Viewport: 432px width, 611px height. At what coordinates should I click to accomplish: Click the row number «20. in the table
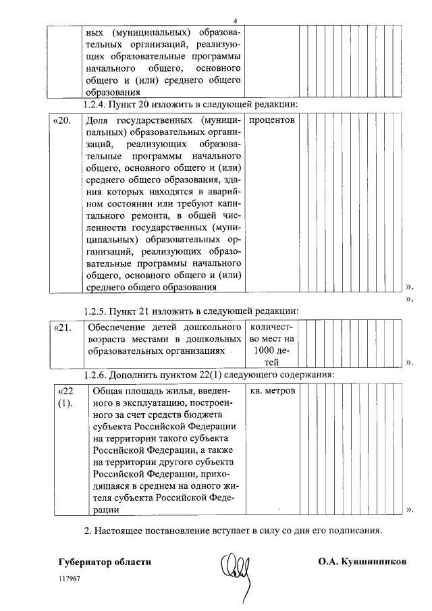click(62, 120)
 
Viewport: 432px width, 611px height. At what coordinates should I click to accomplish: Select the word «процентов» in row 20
click(272, 120)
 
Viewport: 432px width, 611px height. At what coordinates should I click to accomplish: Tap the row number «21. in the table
click(62, 327)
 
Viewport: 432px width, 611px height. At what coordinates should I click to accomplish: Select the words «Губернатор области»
click(105, 562)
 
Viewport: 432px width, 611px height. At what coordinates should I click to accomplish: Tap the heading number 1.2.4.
click(94, 105)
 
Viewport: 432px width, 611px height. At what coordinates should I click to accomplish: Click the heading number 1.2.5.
click(94, 311)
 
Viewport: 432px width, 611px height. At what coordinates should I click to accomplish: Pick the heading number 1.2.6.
click(94, 375)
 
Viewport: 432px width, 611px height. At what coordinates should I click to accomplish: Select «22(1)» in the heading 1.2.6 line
click(207, 375)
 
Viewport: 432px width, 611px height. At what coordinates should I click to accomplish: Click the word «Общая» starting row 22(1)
click(106, 392)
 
